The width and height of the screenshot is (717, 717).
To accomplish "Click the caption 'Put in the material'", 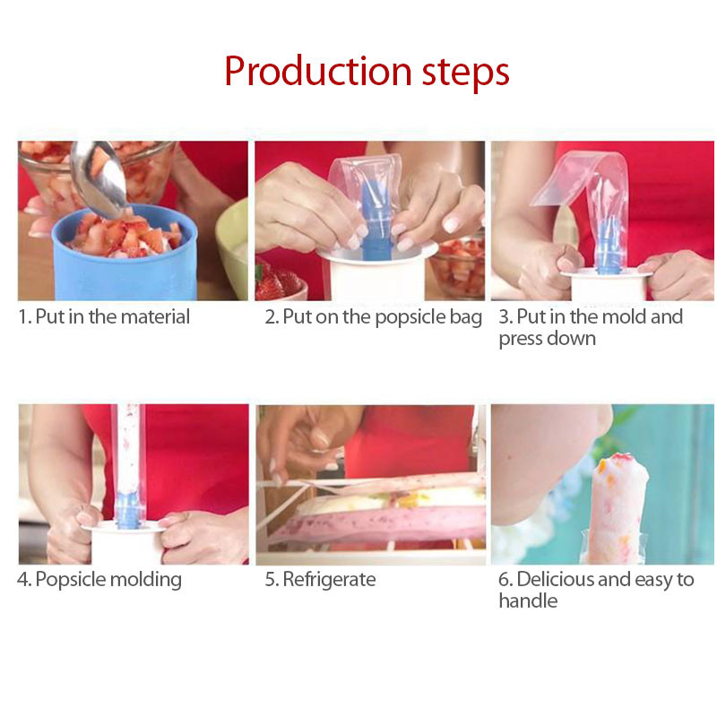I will click(112, 316).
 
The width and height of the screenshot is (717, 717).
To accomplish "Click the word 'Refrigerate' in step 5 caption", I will click(329, 580).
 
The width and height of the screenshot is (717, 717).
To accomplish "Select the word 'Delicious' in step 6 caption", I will click(556, 580).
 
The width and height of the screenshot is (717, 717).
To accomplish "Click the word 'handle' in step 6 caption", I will click(528, 601).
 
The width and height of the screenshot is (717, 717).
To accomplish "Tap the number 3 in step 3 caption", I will click(504, 317).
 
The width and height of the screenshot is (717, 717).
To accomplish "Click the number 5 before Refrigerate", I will click(270, 580).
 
